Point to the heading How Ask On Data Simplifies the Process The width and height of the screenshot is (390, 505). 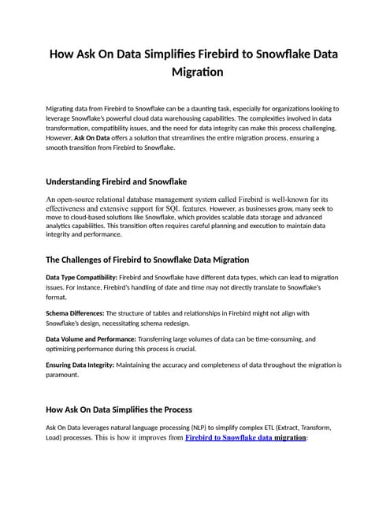(119, 410)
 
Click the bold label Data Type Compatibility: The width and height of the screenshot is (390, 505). (80, 278)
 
